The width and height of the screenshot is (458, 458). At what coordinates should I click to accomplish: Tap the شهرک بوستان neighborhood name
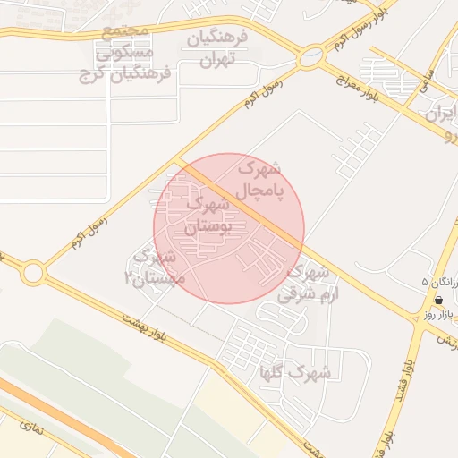coord(207,216)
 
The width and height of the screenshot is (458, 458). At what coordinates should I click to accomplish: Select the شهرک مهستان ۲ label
coord(157,268)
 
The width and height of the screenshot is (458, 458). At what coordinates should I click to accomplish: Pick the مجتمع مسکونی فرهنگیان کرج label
coord(136,54)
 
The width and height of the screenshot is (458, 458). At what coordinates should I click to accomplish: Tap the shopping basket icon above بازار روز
coord(438,301)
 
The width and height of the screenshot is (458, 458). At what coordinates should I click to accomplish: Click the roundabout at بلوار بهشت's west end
coord(34,272)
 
